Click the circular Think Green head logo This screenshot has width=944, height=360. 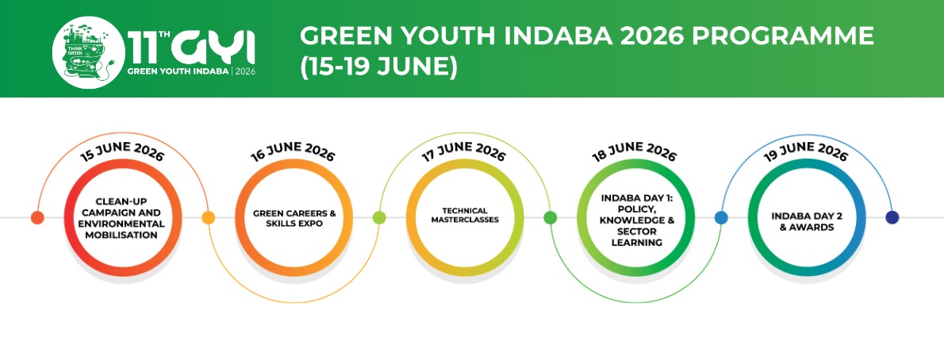coord(89,52)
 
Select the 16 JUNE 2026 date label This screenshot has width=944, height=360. coord(293,151)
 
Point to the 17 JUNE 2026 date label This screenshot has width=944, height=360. coord(463,151)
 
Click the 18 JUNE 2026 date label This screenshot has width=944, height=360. coord(635,151)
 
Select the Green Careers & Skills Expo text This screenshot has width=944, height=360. coord(294,218)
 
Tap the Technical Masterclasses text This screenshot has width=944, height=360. coord(466,216)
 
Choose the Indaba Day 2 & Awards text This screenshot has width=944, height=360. coord(806,221)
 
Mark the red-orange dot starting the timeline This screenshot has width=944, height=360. coord(37,217)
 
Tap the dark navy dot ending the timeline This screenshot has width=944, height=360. coord(892,217)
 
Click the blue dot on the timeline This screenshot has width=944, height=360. coord(721,217)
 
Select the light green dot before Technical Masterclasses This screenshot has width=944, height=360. coord(379,217)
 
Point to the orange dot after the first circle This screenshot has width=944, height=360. coord(209,217)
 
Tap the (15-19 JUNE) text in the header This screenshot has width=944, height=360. coord(378,67)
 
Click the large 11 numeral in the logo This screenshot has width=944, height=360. coord(141,47)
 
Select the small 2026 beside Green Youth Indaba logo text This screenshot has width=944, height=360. coord(245,71)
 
